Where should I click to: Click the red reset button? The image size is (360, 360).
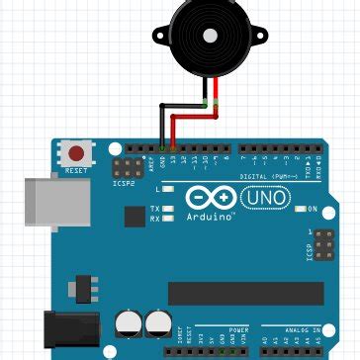[76, 153]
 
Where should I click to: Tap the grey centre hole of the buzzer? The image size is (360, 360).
[209, 35]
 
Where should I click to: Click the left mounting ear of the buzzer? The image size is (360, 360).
[161, 39]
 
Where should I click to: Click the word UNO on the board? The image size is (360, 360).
[267, 198]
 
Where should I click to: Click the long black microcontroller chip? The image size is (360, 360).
[245, 294]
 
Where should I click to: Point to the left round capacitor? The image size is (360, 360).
[129, 322]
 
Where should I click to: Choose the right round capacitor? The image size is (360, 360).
[157, 322]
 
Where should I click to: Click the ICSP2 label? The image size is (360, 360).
[124, 183]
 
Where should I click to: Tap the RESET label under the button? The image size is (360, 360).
[76, 170]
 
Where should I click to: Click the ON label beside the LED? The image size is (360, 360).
[312, 210]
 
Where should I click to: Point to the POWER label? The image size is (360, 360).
[239, 329]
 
